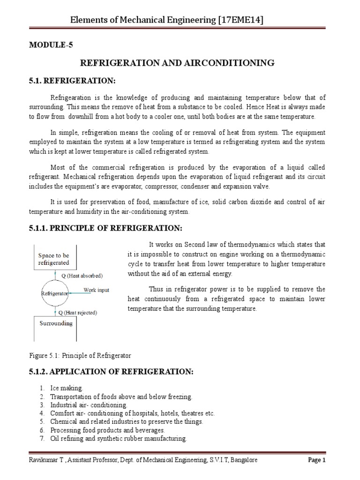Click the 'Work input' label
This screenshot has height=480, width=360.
96,290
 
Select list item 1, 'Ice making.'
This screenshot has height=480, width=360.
67,388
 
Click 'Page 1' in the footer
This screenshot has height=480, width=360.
316,460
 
